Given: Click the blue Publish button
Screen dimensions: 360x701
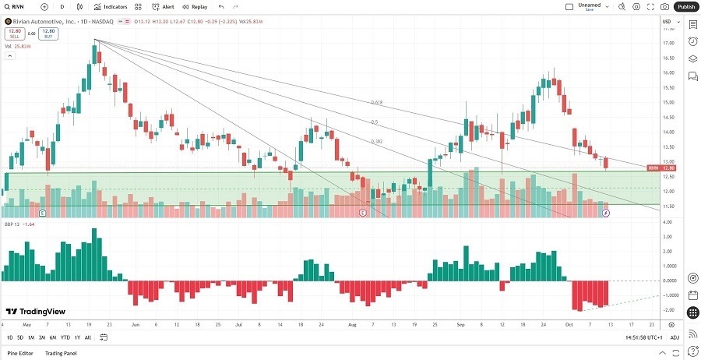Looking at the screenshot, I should coord(685,6).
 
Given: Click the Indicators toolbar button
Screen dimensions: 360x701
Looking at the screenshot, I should coord(111,6).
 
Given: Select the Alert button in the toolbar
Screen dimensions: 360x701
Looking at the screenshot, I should coord(164,6).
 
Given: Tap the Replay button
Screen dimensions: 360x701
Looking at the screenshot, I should coord(196,6).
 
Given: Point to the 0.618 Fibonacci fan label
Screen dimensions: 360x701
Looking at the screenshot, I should coord(377,102).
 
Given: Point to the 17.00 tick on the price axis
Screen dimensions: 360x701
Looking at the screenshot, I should coord(668,44).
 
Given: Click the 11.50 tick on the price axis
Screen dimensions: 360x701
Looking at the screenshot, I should coord(668,206).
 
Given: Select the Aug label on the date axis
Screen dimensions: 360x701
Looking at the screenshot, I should coord(352,324).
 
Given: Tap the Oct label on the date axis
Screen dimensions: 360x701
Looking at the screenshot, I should coord(569,324).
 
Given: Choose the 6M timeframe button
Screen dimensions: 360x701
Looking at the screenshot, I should coord(53,337).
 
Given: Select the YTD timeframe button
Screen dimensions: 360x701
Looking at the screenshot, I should coord(65,337).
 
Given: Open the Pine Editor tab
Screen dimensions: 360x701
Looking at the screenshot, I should coord(20,354).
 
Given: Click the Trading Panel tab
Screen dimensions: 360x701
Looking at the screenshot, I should coord(62,354).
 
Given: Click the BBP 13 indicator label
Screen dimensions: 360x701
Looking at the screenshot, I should coord(13,223).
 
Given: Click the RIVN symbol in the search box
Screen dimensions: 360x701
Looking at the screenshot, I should coord(18,6).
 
